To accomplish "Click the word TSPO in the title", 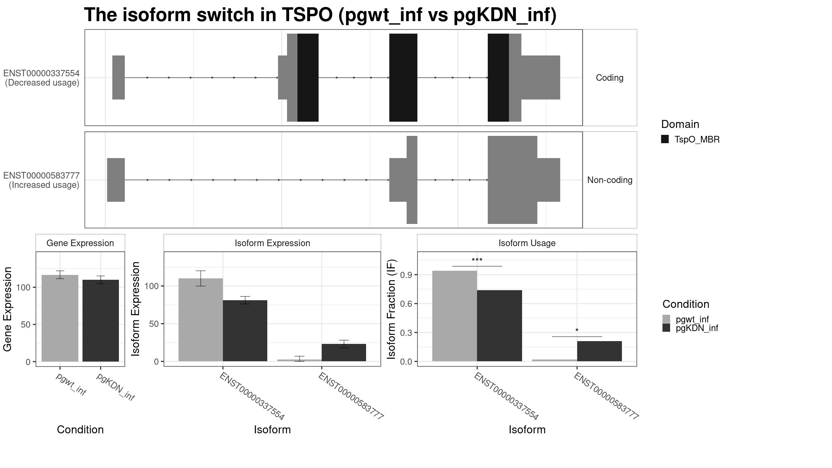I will (x=307, y=15).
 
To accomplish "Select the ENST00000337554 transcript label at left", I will (x=42, y=73).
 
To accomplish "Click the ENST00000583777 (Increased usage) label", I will (x=42, y=180).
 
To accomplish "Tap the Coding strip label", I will (x=609, y=78).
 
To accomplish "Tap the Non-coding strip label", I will (x=609, y=180).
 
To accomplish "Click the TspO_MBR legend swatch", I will (x=665, y=139).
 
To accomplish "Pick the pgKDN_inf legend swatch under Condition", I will (x=666, y=328).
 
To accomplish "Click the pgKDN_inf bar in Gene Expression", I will (x=101, y=321).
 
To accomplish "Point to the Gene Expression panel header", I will (x=80, y=243).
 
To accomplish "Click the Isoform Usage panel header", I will (x=527, y=243).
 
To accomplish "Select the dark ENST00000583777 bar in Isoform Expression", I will (x=344, y=353).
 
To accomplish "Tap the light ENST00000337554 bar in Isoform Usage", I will (x=454, y=316).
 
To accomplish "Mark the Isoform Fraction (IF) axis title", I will (x=392, y=309).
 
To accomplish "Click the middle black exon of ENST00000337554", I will (x=403, y=78).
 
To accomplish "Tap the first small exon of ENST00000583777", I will (x=116, y=180).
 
